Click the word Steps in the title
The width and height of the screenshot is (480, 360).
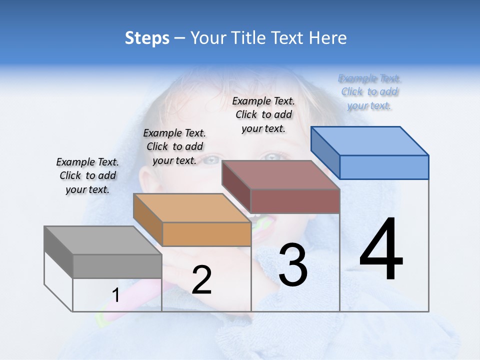click(146, 38)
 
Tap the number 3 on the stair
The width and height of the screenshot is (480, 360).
click(292, 265)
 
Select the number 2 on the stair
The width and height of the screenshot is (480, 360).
click(201, 280)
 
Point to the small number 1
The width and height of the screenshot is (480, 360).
click(115, 295)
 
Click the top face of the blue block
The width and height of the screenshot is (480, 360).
click(370, 140)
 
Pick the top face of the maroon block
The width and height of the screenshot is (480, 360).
click(281, 174)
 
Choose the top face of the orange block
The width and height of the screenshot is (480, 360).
click(192, 207)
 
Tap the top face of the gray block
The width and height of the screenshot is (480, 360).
click(103, 240)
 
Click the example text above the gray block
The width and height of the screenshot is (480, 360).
click(87, 175)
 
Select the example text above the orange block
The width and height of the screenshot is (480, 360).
click(174, 146)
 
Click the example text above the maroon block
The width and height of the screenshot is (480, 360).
click(263, 114)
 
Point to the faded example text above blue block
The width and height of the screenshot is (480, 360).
click(369, 91)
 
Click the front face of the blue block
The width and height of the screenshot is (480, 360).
click(384, 167)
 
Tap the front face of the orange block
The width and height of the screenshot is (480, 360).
click(206, 234)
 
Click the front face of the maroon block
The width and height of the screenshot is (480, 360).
click(295, 201)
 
